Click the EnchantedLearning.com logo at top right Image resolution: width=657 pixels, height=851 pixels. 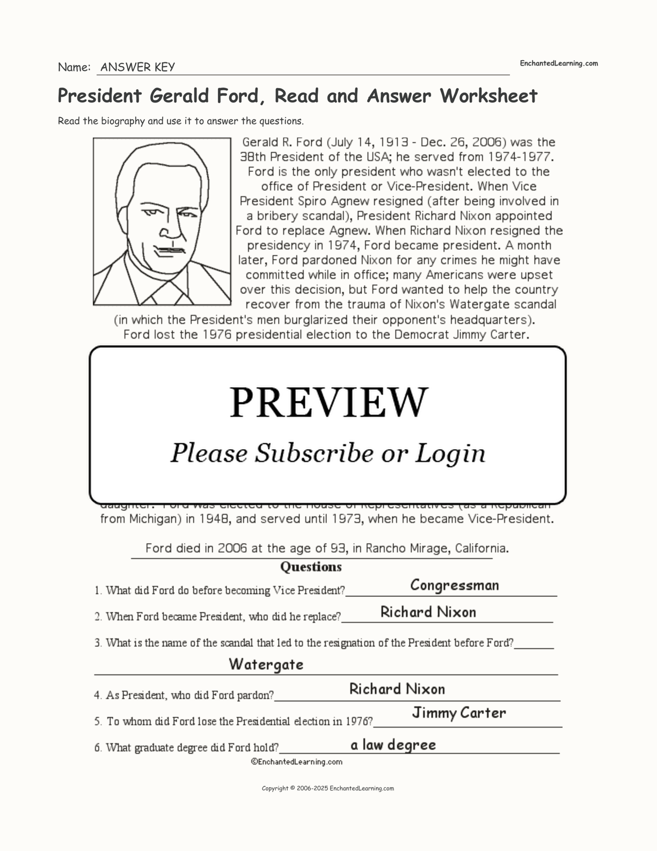(x=558, y=63)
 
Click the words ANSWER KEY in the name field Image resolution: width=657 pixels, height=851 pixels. (x=137, y=67)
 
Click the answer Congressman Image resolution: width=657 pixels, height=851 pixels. (x=455, y=585)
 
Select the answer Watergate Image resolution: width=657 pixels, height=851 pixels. (x=266, y=665)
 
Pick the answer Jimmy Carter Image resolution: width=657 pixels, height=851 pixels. (x=459, y=713)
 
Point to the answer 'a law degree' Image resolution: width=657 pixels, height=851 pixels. (x=393, y=745)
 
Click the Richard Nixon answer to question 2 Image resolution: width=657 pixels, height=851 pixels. (x=428, y=612)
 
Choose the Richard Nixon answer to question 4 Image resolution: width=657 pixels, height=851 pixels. (x=397, y=689)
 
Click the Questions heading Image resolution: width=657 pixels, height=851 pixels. (x=311, y=567)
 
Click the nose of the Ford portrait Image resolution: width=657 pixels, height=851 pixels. (x=170, y=231)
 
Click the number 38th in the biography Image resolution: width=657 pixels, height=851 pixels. (x=253, y=157)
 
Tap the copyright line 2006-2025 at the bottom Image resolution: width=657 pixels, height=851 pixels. (x=327, y=789)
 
